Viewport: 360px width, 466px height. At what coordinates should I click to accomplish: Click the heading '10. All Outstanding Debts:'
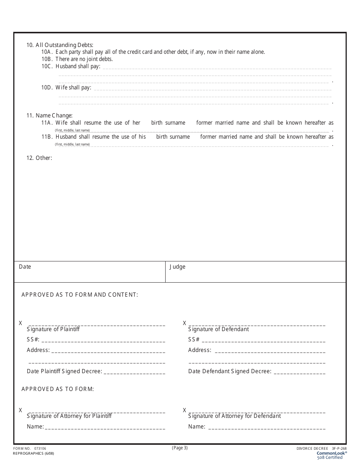(59, 45)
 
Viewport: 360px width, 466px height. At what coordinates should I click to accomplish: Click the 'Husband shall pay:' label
(78, 66)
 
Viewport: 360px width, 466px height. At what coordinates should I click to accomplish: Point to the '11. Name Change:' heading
(49, 116)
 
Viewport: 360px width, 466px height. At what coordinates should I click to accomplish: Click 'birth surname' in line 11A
(168, 123)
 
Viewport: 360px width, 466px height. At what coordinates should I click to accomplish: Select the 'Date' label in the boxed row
(25, 267)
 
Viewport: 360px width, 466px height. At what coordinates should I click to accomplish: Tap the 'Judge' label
(177, 267)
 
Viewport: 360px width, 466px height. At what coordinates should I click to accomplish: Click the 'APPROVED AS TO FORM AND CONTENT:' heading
(80, 295)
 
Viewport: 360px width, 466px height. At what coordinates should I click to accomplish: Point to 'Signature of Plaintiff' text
(53, 329)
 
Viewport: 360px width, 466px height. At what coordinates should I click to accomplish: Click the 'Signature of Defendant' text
(219, 329)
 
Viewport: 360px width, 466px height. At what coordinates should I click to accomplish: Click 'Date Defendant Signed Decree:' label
(230, 371)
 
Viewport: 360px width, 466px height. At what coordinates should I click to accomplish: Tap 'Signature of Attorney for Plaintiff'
(69, 416)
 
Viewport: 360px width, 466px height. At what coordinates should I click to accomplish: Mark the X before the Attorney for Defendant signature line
(185, 410)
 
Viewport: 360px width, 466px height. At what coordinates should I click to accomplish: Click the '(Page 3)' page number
(180, 448)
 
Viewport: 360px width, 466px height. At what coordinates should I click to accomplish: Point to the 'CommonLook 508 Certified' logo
(332, 455)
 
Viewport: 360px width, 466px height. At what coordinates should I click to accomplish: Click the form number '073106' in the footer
(40, 449)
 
